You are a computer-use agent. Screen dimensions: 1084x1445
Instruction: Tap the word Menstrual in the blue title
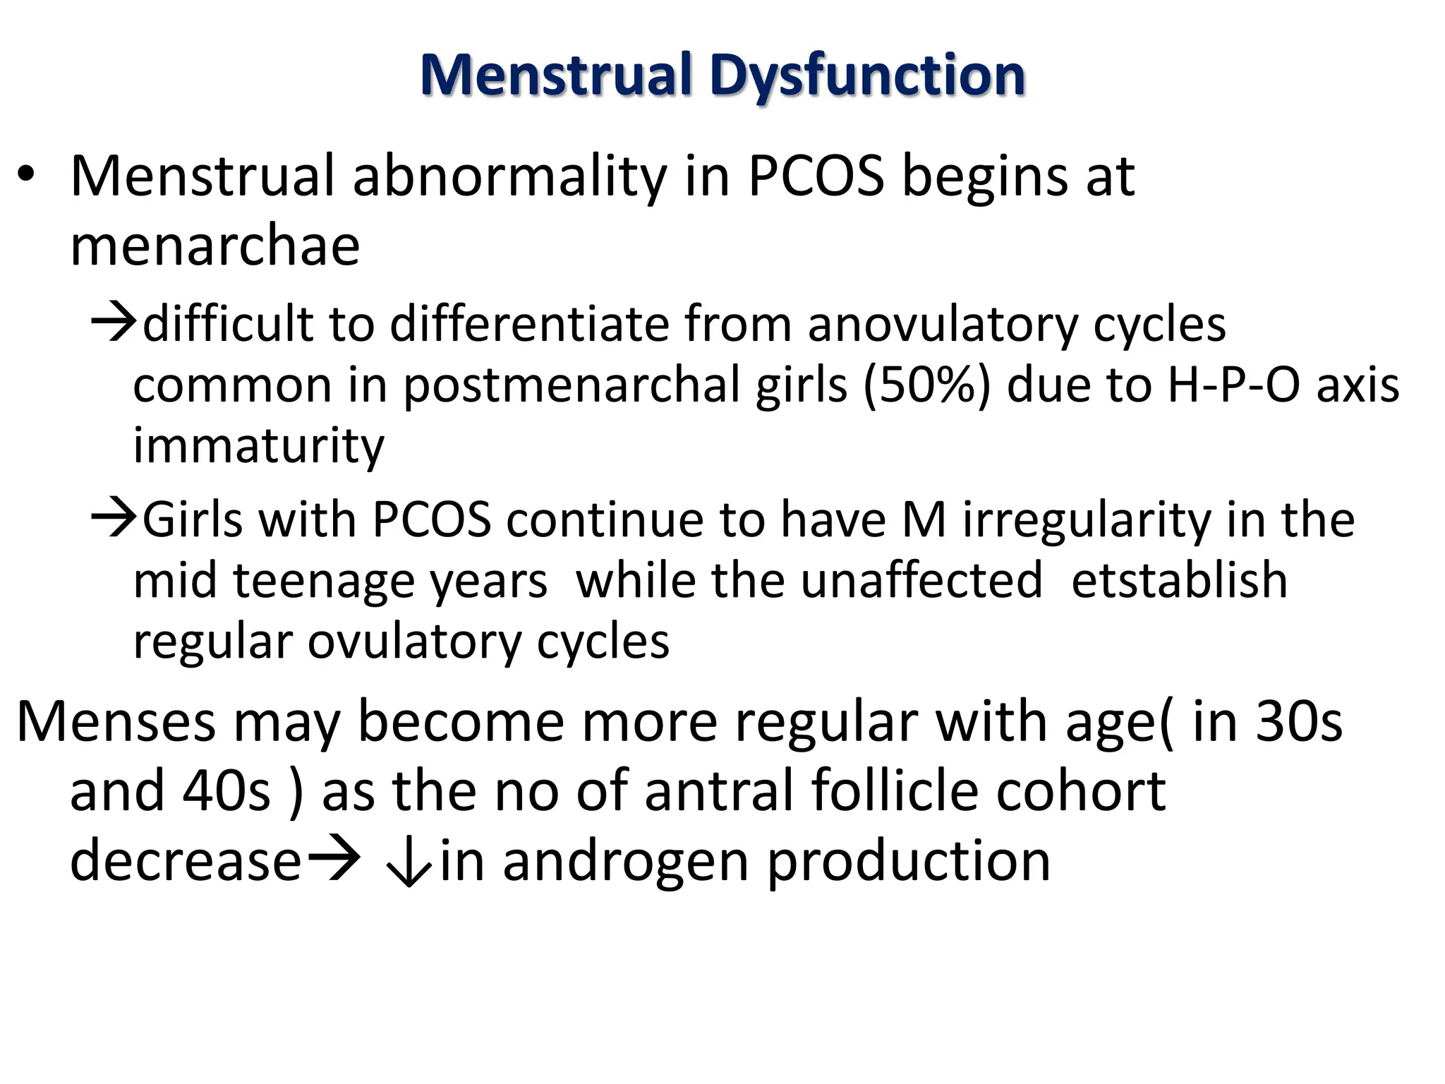click(556, 76)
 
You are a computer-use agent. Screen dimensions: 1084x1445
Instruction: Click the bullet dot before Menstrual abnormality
click(26, 176)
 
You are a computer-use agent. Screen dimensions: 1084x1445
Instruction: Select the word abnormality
click(509, 176)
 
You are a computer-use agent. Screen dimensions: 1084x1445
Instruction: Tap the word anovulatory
click(942, 325)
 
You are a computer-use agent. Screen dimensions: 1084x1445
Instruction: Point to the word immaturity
click(258, 447)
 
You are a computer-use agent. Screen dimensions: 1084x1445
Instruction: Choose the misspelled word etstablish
click(1179, 581)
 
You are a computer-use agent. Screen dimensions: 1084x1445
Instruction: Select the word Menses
click(116, 721)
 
